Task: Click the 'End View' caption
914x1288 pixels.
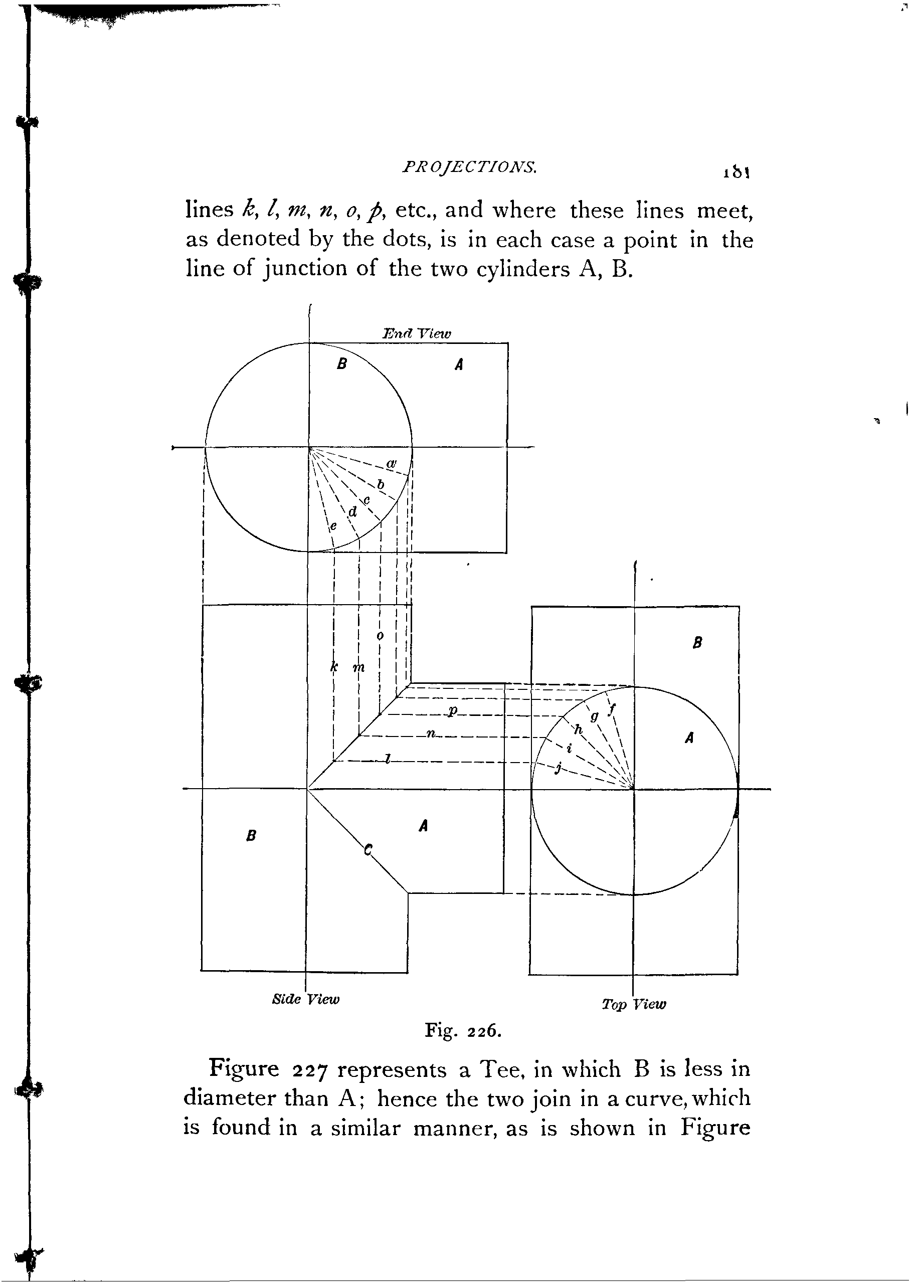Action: (417, 334)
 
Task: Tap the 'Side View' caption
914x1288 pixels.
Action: (306, 999)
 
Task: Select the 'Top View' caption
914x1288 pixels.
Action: (634, 1004)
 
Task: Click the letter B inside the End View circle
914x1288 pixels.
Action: (341, 364)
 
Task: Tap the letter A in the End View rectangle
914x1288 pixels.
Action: (459, 365)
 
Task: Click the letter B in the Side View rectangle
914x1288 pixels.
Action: (252, 836)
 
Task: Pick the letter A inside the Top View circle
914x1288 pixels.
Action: (689, 738)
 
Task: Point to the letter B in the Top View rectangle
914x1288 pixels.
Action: (697, 643)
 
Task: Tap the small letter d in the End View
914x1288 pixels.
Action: (353, 511)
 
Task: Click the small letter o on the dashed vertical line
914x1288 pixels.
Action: (380, 636)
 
